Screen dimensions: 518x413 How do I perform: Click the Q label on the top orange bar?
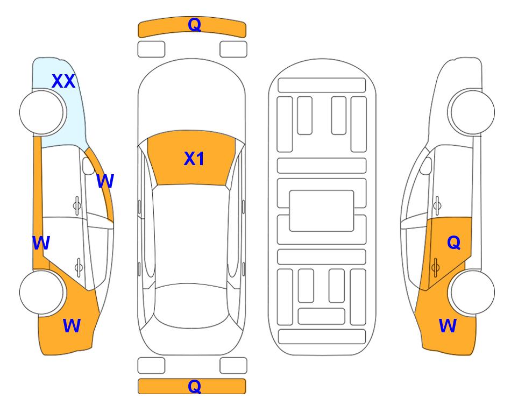tap(195, 25)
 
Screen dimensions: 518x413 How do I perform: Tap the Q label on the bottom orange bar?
tap(195, 386)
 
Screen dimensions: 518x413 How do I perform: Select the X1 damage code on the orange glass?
tap(194, 159)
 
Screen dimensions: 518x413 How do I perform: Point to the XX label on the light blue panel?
tap(63, 81)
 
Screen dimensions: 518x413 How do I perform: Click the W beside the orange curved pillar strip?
tap(105, 181)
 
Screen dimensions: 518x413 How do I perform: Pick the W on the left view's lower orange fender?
tap(72, 326)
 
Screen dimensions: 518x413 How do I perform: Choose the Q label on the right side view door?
tap(453, 243)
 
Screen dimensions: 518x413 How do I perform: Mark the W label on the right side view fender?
tap(448, 326)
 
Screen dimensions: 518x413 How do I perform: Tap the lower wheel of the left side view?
tap(42, 293)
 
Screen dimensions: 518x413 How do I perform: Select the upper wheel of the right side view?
tap(472, 112)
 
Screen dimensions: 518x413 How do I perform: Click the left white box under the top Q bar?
tap(151, 49)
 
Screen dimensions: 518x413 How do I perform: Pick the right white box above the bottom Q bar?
tap(233, 366)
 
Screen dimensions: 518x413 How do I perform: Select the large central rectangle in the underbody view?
tap(322, 211)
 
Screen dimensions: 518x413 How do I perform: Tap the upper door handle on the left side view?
tap(77, 206)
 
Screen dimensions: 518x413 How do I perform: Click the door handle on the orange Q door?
tap(435, 267)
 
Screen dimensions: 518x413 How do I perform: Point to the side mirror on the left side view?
tap(88, 166)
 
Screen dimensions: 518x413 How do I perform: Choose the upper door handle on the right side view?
tap(437, 205)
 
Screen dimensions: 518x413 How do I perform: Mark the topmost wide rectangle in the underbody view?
tap(322, 86)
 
